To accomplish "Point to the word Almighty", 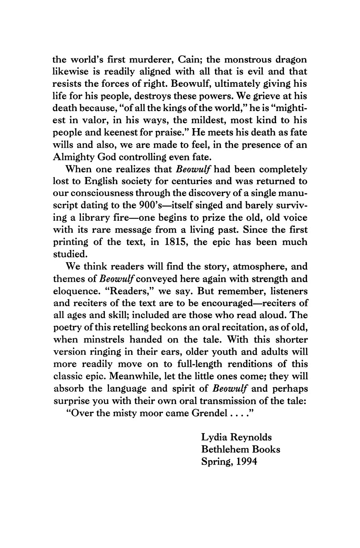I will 71,158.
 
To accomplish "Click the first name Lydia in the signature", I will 215,437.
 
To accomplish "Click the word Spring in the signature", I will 215,462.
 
